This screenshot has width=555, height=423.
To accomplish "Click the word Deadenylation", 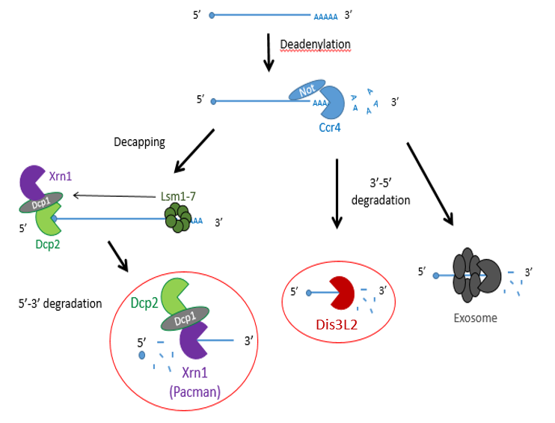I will (315, 44).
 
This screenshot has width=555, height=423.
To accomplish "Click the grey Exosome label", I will (475, 317).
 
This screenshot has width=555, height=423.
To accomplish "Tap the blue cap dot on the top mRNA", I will (213, 15).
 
